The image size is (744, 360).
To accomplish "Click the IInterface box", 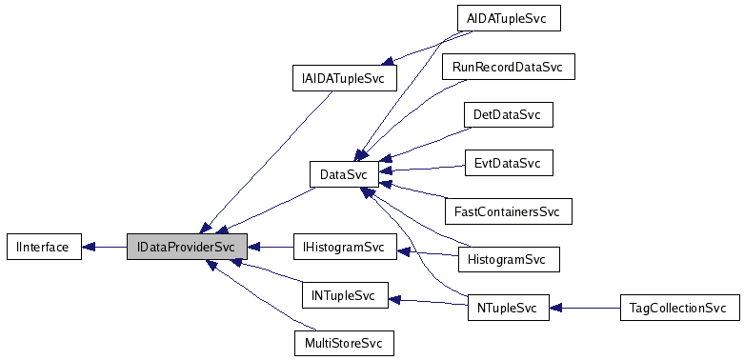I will coord(38,247).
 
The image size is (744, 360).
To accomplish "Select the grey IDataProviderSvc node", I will coord(187,247).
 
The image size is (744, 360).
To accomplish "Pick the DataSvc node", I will coord(344,174).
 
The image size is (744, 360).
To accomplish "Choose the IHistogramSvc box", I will coord(343,248).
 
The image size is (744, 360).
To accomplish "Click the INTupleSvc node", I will coord(343,296).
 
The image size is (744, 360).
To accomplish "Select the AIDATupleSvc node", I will coord(508,19).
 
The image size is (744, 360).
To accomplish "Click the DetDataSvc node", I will coord(507,115).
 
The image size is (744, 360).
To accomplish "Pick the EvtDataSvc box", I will coord(507,163).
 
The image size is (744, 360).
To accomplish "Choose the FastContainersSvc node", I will coord(508,211).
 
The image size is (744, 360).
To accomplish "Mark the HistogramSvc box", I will coord(508,259).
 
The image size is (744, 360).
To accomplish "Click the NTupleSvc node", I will coord(508,309).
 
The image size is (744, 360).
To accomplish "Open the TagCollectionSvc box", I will coord(678,309).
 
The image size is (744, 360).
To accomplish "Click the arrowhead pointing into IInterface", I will coord(86,247).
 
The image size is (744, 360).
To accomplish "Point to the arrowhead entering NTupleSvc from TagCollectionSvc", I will coord(557,309).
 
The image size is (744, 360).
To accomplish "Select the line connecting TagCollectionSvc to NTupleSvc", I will coord(591,309).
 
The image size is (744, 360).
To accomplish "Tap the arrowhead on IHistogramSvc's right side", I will coord(404,251).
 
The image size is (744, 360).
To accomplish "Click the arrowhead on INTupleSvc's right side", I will coord(395,299).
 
